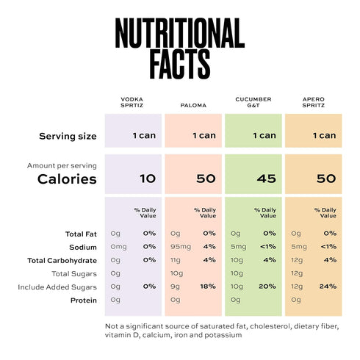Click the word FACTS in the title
tap(180, 64)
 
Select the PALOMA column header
tap(193, 105)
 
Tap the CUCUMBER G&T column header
tap(253, 102)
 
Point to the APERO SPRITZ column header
tap(314, 102)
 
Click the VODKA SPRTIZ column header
tap(132, 102)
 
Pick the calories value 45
tap(267, 179)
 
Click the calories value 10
tap(148, 179)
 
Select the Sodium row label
tap(83, 248)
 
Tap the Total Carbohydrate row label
tap(62, 261)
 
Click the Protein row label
tap(84, 300)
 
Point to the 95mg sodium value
tap(181, 247)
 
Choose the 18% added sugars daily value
tap(208, 287)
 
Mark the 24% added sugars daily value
tap(328, 287)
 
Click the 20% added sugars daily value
tap(267, 287)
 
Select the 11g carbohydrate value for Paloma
tap(176, 260)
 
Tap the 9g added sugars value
tap(175, 287)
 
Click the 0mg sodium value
tap(118, 247)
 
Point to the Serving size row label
tap(68, 136)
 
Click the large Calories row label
tap(67, 179)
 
